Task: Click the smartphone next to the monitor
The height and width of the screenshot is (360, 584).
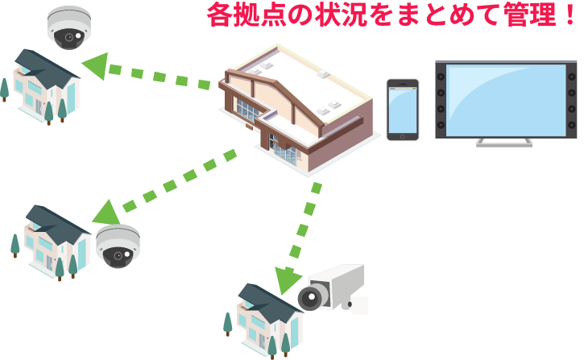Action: point(402,110)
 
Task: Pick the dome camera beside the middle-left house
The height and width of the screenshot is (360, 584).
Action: point(118,246)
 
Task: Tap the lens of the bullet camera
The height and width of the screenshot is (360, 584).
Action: point(309,299)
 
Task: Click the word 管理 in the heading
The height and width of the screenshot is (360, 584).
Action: point(520,16)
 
